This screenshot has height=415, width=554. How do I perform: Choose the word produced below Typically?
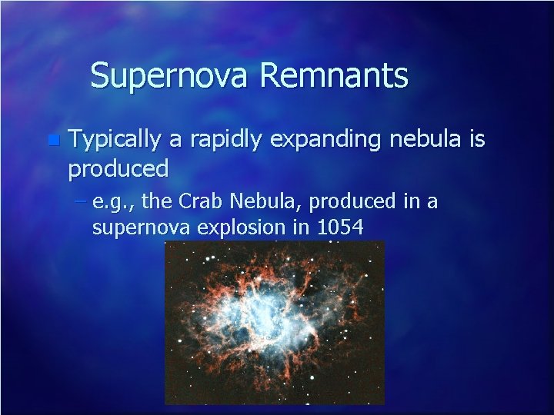coord(118,167)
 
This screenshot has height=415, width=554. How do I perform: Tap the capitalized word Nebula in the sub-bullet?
coord(255,202)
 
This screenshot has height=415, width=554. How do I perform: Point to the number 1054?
coord(341,227)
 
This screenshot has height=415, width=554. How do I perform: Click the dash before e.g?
coord(82,202)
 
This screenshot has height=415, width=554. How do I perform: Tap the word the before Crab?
coord(160,202)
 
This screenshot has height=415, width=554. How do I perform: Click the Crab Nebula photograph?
coord(275,323)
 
